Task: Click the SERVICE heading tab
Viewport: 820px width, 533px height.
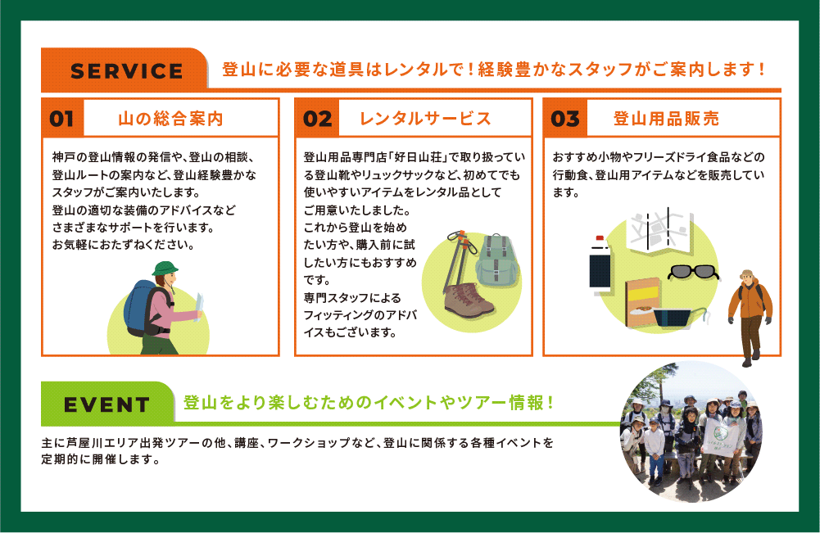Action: coord(125,70)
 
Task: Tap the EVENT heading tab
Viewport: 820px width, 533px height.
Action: coord(107,404)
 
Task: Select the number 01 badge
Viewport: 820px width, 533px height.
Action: coord(62,119)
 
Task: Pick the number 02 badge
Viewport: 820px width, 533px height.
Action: coord(318,119)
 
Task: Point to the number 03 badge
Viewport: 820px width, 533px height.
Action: coord(565,119)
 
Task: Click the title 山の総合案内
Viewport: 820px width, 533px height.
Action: coord(170,119)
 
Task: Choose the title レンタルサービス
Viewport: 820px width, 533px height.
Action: coord(425,119)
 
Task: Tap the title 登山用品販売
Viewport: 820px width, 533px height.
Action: coord(666,119)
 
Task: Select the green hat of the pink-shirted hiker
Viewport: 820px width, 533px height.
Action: coord(165,269)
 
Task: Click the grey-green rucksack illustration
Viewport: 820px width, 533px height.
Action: coord(496,260)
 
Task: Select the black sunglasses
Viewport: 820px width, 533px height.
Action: coord(693,273)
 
